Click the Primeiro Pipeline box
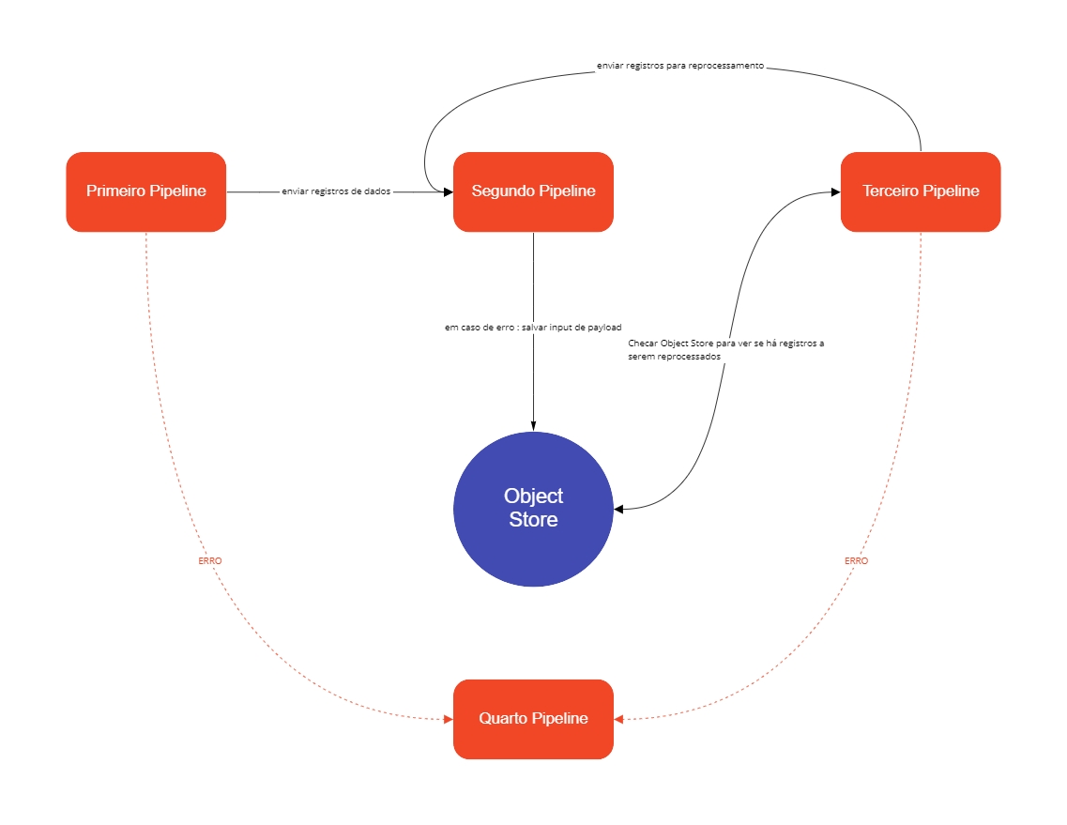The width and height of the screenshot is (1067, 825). pos(145,191)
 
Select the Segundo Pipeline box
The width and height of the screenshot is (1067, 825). pos(533,191)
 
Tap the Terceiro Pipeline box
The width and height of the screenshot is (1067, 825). pos(921,191)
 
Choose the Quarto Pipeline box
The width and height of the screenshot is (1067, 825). pos(533,719)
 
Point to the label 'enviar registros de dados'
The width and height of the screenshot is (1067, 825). pos(336,191)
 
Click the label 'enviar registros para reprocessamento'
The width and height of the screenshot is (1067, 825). pos(680,67)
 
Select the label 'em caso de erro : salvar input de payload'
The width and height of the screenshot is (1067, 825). pos(533,328)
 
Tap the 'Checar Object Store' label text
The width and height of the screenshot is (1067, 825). pos(725,350)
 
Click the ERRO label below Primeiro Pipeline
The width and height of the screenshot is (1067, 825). pos(210,560)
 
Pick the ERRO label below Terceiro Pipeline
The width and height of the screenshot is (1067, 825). pos(856,560)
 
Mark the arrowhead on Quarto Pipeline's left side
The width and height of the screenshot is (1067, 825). pos(448,720)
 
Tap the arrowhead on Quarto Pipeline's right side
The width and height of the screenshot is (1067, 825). pos(619,720)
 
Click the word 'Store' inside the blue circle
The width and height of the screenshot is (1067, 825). pos(533,520)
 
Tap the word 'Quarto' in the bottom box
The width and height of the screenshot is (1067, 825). pos(503,719)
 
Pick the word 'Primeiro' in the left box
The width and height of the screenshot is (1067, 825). pos(115,191)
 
